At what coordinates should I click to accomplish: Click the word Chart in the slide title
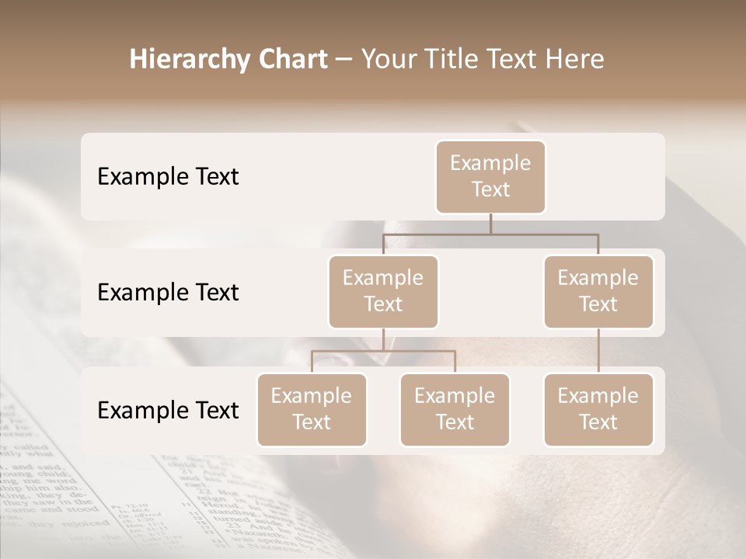[x=292, y=60]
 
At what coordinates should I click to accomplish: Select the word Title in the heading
[x=455, y=60]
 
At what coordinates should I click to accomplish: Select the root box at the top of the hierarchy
[x=490, y=176]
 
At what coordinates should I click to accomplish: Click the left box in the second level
[x=383, y=291]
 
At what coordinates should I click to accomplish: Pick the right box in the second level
[x=598, y=291]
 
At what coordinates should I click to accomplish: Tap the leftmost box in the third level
[x=312, y=409]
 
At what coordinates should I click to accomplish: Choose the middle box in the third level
[x=455, y=409]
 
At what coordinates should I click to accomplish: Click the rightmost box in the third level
[x=598, y=409]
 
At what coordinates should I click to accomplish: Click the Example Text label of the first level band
[x=168, y=176]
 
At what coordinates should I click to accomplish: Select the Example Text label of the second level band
[x=168, y=292]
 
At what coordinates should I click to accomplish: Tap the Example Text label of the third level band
[x=168, y=410]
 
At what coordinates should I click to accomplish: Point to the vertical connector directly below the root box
[x=490, y=224]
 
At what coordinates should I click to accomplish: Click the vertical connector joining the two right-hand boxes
[x=598, y=351]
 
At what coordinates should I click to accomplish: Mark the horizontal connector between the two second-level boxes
[x=490, y=234]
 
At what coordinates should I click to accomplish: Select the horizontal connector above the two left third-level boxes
[x=383, y=351]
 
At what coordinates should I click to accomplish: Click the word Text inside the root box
[x=490, y=189]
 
